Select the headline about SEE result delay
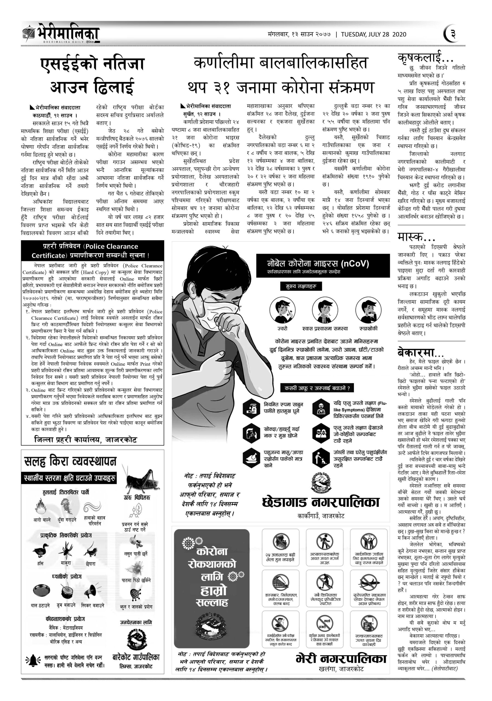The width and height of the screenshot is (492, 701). click(x=92, y=76)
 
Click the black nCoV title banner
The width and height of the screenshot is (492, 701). click(x=323, y=265)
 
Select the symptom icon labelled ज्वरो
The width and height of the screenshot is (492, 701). click(x=282, y=310)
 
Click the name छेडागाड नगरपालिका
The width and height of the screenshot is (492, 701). click(x=321, y=502)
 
